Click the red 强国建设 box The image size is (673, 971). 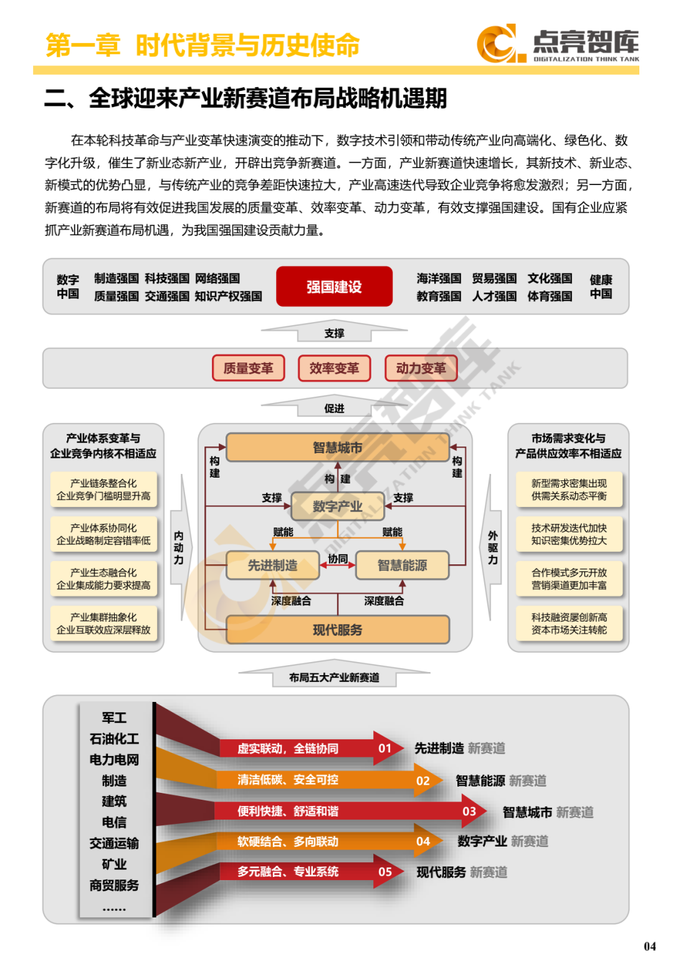(x=334, y=287)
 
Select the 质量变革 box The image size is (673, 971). (x=248, y=368)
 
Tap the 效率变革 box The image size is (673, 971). (x=334, y=368)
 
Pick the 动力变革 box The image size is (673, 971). (x=421, y=368)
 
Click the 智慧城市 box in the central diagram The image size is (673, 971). (x=337, y=447)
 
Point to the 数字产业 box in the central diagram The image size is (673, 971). (x=337, y=506)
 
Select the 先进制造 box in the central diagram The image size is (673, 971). (x=272, y=565)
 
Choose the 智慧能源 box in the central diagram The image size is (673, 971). (x=402, y=565)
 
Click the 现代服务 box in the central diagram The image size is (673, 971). (x=337, y=630)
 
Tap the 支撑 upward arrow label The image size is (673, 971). (x=334, y=333)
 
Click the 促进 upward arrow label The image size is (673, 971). (x=334, y=408)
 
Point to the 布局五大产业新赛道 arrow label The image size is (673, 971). (x=334, y=677)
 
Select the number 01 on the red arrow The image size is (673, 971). (x=385, y=748)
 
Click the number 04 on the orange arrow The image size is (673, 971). (x=423, y=841)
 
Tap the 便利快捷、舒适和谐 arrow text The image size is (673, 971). (x=288, y=811)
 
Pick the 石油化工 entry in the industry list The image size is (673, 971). (x=114, y=739)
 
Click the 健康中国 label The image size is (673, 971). (x=601, y=287)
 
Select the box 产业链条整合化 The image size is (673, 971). (x=103, y=490)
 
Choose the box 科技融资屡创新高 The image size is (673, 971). (x=569, y=623)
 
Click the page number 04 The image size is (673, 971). (x=649, y=947)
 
